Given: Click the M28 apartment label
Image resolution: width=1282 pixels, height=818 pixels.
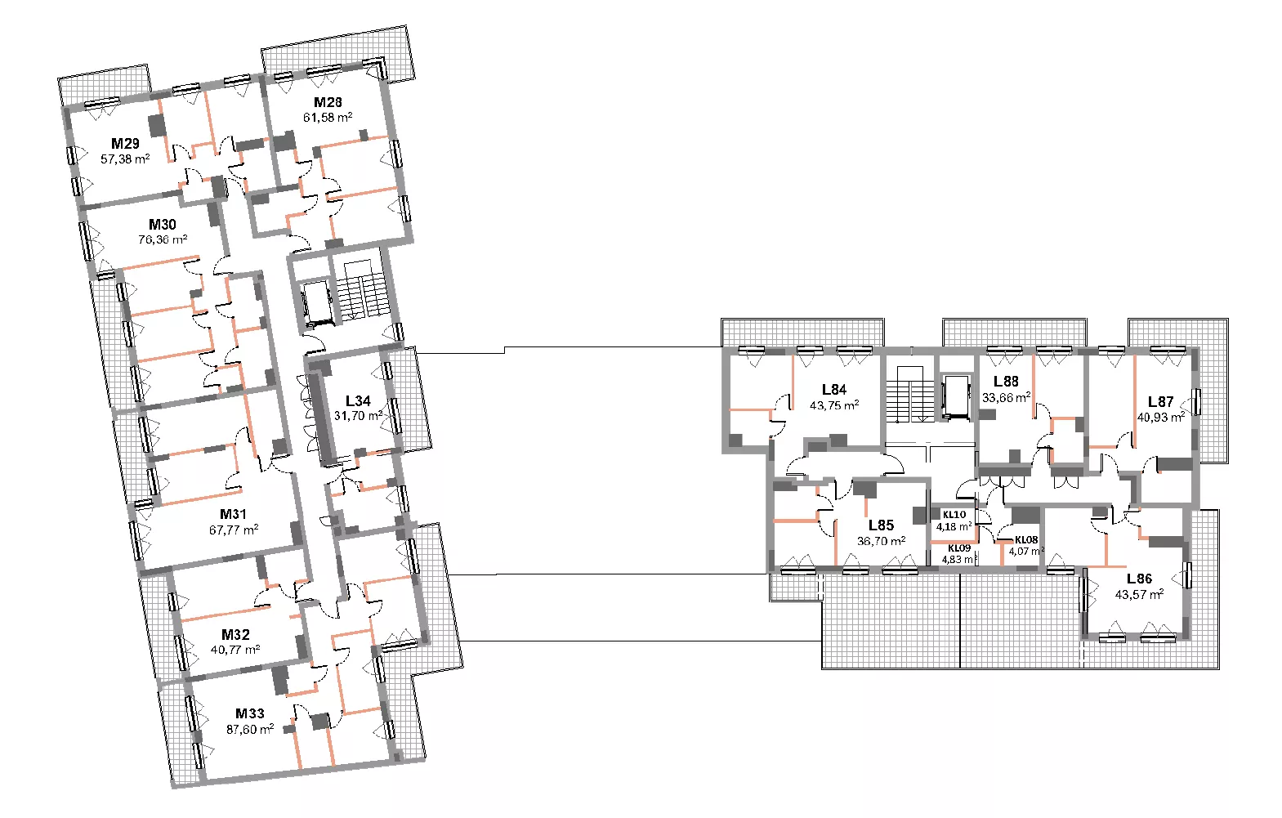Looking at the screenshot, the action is (328, 102).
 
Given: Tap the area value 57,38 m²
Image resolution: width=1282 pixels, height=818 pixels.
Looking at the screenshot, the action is (125, 159).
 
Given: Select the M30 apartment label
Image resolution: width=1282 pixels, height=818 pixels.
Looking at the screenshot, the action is (163, 225).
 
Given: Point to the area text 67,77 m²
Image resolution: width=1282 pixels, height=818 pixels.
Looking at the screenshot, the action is (234, 530).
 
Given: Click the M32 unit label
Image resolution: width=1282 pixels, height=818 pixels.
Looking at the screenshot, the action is (236, 635).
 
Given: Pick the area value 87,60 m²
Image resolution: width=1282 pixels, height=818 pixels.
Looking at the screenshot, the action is (250, 729).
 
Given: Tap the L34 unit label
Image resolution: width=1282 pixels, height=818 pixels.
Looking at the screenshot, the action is (358, 401).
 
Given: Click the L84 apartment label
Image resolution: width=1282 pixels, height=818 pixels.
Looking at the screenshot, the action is (834, 390).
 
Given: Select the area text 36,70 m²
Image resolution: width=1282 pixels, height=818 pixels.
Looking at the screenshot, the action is (882, 541).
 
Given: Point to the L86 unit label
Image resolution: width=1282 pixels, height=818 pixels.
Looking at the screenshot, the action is (1140, 579).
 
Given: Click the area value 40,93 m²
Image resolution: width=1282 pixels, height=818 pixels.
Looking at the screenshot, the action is (1161, 418).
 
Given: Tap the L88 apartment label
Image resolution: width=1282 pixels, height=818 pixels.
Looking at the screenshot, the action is (1006, 382).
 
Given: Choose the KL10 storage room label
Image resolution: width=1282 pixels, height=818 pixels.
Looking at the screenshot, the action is (954, 515).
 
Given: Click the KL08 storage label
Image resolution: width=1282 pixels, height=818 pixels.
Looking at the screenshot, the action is (1026, 540).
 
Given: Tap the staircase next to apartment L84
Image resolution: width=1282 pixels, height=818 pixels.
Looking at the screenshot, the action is (909, 394).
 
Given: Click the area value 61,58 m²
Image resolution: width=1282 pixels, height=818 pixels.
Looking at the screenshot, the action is (328, 118).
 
